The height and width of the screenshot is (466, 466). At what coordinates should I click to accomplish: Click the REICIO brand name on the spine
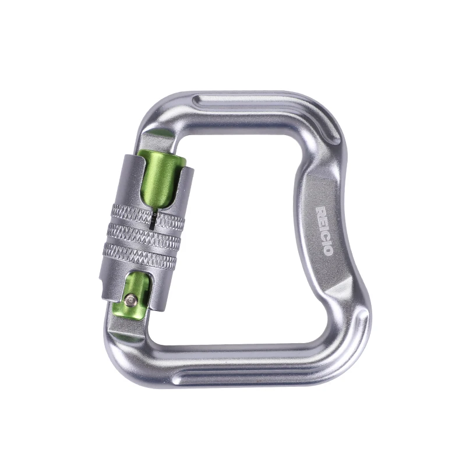click(x=324, y=231)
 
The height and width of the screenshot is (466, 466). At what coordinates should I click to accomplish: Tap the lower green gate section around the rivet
click(x=135, y=297)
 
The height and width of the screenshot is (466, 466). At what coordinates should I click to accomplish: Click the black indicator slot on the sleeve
click(x=153, y=221)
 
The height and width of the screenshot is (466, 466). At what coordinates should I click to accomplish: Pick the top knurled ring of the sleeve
click(x=148, y=216)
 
